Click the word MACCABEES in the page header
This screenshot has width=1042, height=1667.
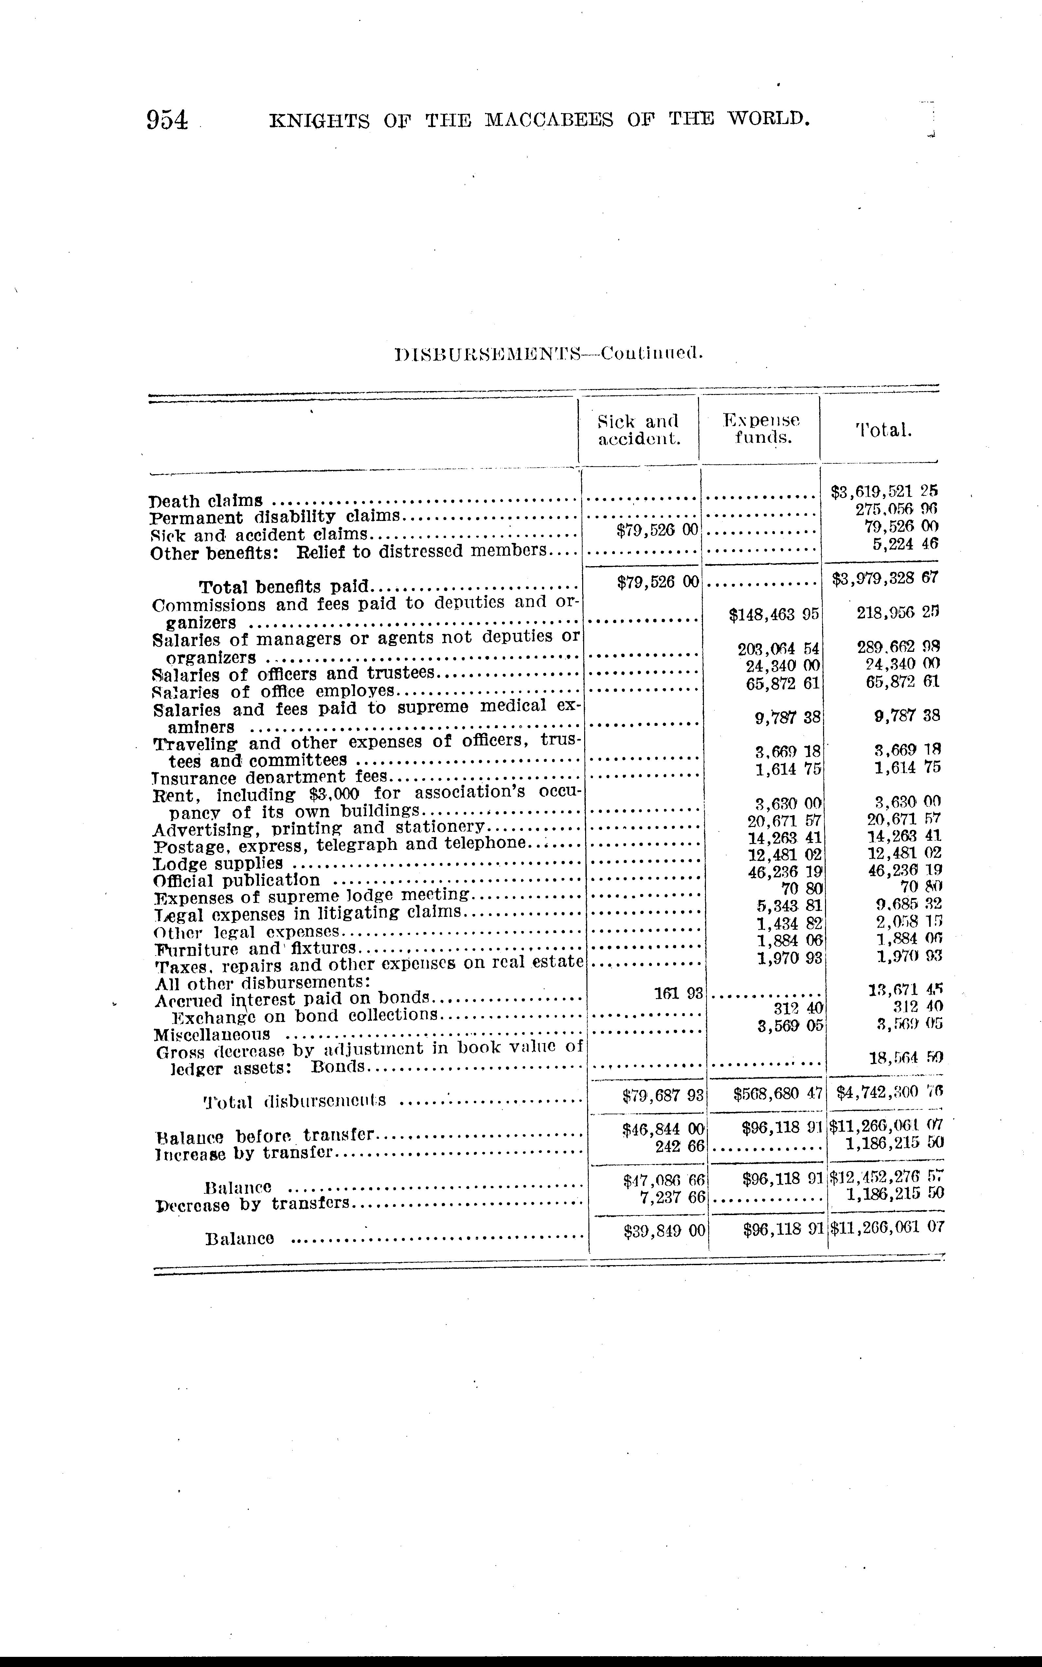tap(548, 121)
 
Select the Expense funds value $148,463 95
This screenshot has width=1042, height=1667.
tap(773, 613)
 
